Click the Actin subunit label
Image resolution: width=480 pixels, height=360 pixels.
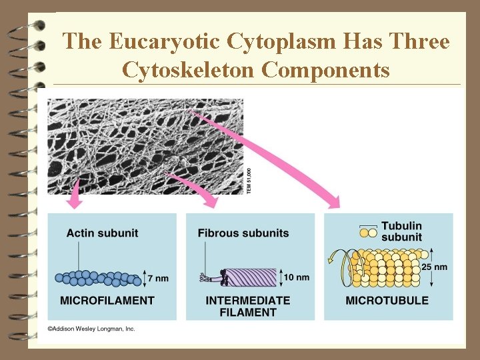point(102,233)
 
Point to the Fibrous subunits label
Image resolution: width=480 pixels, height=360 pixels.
point(243,233)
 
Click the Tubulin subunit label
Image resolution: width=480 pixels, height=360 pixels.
point(401,231)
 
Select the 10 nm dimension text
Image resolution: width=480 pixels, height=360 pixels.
point(297,277)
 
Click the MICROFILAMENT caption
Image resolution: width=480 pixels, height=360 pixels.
point(107,301)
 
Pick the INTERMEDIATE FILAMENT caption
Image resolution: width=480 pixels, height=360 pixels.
point(247,306)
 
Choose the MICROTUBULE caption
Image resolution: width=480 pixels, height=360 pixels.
point(387,301)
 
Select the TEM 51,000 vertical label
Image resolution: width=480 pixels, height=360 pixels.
point(249,180)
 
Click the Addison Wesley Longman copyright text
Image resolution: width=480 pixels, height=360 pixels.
point(91,329)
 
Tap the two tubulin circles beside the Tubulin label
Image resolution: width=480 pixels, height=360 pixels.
point(368,233)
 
